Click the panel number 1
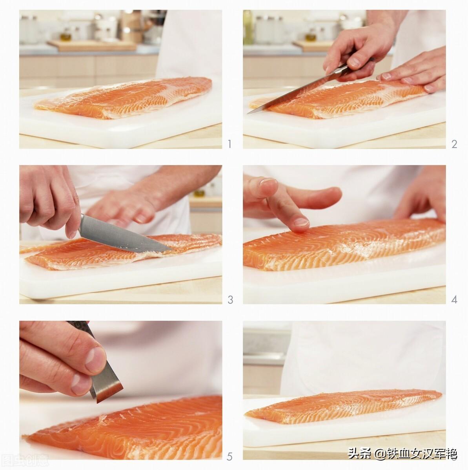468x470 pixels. [229, 144]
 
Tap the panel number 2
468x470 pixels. [454, 144]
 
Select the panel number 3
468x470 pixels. [230, 300]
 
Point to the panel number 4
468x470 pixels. [454, 300]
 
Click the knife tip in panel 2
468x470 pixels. [248, 113]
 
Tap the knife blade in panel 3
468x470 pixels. [122, 234]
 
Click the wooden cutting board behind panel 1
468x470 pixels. [92, 45]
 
